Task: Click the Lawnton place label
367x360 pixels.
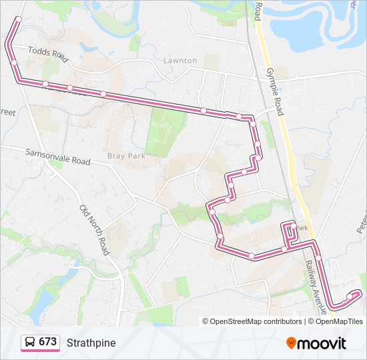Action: point(180,61)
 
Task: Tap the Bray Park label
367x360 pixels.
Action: point(125,157)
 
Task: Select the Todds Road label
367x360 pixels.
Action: point(49,54)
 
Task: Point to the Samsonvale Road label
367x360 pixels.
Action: point(57,157)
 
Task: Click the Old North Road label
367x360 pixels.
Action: point(93,229)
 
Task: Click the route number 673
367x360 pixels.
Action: point(47,342)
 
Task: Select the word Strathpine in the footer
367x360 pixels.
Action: point(91,343)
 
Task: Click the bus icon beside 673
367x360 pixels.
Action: point(30,342)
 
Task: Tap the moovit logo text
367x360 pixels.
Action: point(322,343)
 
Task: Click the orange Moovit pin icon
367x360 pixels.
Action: point(291,343)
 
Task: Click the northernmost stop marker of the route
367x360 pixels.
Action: point(19,19)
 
